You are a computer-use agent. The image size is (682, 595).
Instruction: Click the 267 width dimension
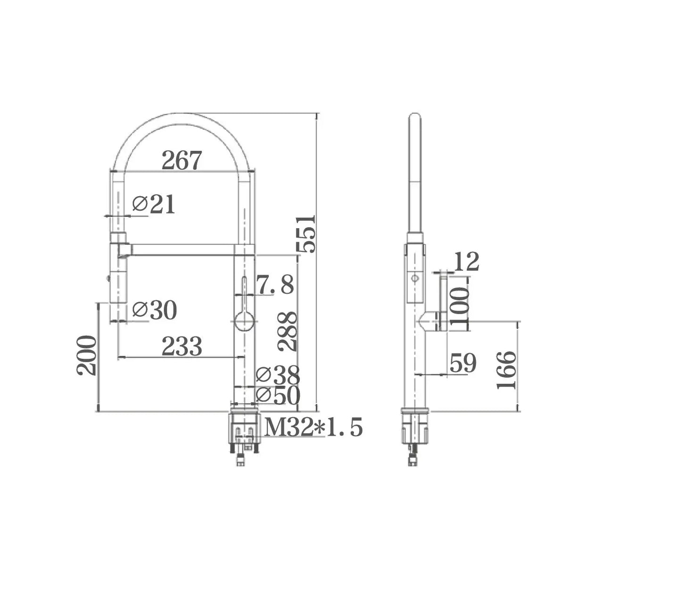pyautogui.click(x=181, y=160)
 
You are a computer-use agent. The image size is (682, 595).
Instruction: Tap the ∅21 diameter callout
pyautogui.click(x=153, y=204)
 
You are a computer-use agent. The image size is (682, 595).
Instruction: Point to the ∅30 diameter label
pyautogui.click(x=154, y=310)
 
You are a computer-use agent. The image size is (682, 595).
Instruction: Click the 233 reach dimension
pyautogui.click(x=181, y=346)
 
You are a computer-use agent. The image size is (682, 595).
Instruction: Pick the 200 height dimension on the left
pyautogui.click(x=87, y=355)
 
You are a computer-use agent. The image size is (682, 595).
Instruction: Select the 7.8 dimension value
pyautogui.click(x=275, y=285)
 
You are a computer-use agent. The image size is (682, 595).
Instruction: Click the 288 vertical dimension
pyautogui.click(x=287, y=331)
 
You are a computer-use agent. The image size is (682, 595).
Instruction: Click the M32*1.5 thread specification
pyautogui.click(x=313, y=427)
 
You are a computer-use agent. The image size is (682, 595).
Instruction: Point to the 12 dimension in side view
pyautogui.click(x=466, y=262)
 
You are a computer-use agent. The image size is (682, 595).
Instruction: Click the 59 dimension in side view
pyautogui.click(x=463, y=363)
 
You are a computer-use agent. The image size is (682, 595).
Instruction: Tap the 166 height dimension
pyautogui.click(x=507, y=370)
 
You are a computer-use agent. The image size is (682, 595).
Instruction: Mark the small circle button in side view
pyautogui.click(x=415, y=278)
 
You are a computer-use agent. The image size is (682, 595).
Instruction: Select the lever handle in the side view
pyautogui.click(x=444, y=302)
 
